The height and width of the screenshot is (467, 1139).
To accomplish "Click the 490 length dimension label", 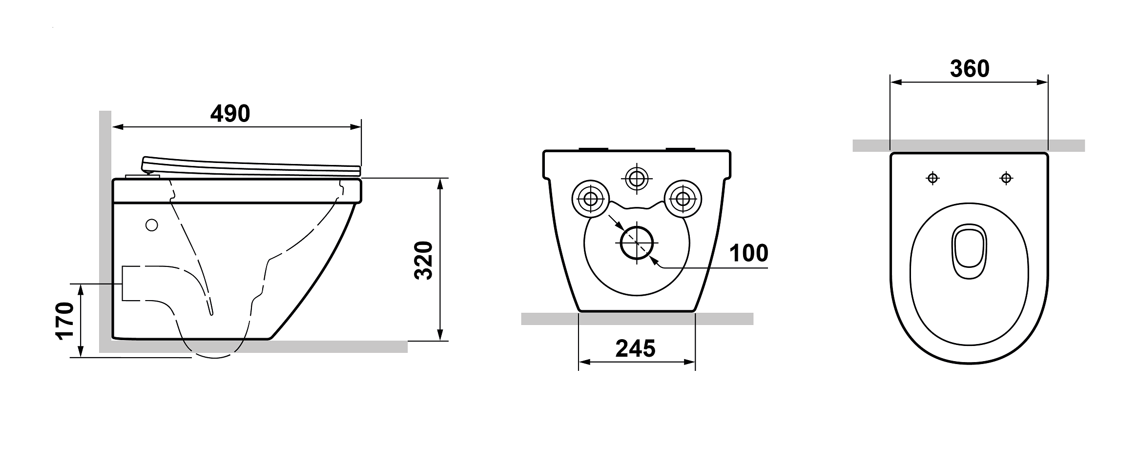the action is pyautogui.click(x=230, y=114).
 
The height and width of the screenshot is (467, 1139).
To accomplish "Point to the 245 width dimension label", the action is pyautogui.click(x=635, y=348).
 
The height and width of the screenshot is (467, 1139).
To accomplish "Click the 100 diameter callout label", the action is pyautogui.click(x=748, y=253).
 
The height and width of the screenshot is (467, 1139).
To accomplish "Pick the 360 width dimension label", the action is pyautogui.click(x=970, y=69).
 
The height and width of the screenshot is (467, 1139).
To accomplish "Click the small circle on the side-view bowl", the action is pyautogui.click(x=152, y=225).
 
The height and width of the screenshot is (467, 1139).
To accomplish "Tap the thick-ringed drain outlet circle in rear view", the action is pyautogui.click(x=637, y=243).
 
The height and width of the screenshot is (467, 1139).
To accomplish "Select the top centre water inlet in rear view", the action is pyautogui.click(x=637, y=179).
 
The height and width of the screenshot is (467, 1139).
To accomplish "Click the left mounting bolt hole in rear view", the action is pyautogui.click(x=591, y=199).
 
